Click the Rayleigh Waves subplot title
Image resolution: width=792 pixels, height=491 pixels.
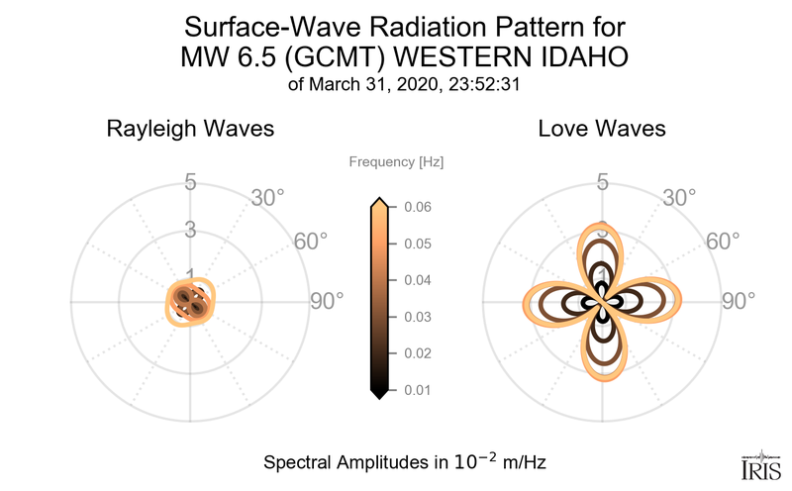pyautogui.click(x=190, y=129)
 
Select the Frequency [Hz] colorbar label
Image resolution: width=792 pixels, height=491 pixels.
pyautogui.click(x=395, y=161)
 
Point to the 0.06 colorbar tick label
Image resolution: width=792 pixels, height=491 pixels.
pyautogui.click(x=417, y=207)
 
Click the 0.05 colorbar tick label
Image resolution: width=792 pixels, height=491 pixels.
pyautogui.click(x=417, y=244)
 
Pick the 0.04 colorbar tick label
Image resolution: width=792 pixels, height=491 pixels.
pyautogui.click(x=417, y=280)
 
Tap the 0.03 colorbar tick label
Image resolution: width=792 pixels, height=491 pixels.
pyautogui.click(x=417, y=317)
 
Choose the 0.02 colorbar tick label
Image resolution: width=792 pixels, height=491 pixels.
pyautogui.click(x=417, y=353)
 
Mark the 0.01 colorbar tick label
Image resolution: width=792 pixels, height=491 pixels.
pyautogui.click(x=417, y=390)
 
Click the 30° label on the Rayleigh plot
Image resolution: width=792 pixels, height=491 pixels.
pyautogui.click(x=267, y=197)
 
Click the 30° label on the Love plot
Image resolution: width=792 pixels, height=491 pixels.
pyautogui.click(x=680, y=197)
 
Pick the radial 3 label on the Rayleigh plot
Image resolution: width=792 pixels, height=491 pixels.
pyautogui.click(x=190, y=230)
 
